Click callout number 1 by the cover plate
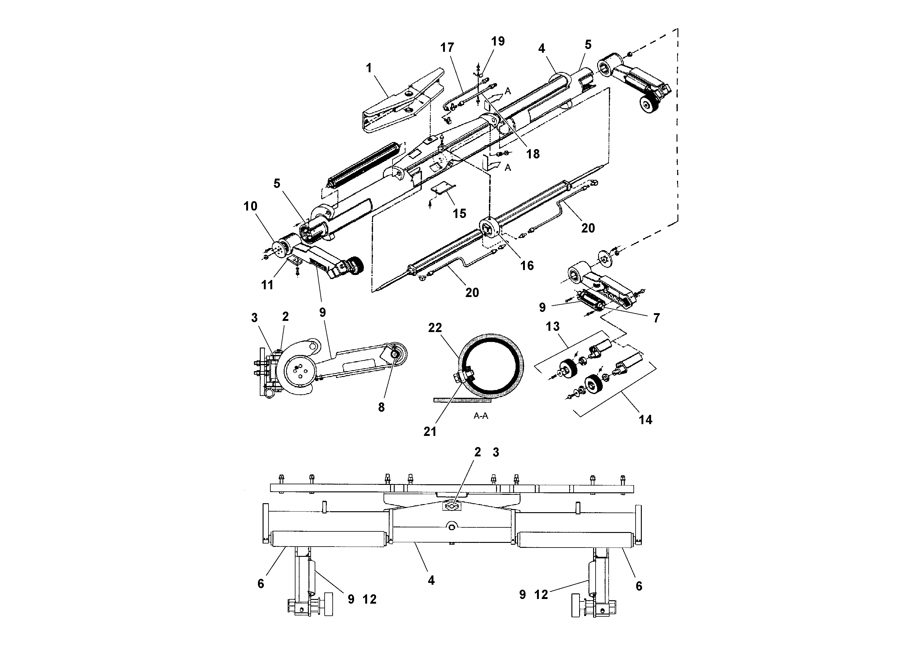[x=369, y=68]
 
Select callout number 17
[x=447, y=48]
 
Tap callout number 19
[x=498, y=42]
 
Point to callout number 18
[x=533, y=154]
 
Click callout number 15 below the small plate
[x=459, y=213]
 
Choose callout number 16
[x=527, y=265]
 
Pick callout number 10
[x=250, y=206]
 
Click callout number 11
[x=267, y=285]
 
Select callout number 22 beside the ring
[x=435, y=328]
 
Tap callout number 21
[x=430, y=432]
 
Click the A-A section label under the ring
[x=481, y=416]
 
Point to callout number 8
[x=381, y=407]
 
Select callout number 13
[x=552, y=326]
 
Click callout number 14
[x=645, y=420]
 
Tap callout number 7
[x=656, y=318]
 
